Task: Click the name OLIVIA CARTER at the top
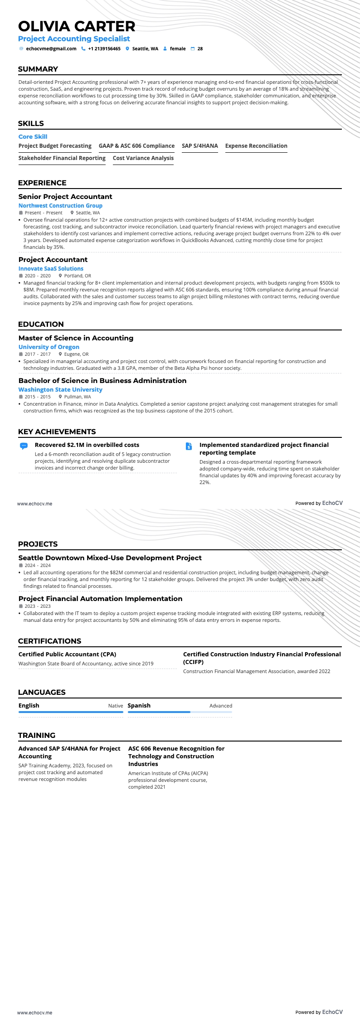tap(77, 26)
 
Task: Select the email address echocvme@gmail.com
tap(51, 48)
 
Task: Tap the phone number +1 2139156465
tap(104, 48)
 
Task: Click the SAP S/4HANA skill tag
tap(199, 146)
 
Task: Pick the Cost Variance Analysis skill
tap(143, 158)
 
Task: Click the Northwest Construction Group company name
tap(60, 206)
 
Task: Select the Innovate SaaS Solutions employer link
tap(51, 269)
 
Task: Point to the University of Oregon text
tap(49, 347)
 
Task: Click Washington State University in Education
tap(60, 390)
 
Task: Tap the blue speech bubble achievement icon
tap(24, 446)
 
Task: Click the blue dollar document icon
tap(189, 446)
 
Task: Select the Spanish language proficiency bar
tap(180, 712)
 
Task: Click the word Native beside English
tap(115, 706)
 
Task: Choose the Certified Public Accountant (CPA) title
tap(67, 654)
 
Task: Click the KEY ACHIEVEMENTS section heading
tap(57, 432)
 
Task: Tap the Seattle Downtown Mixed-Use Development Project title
tap(110, 558)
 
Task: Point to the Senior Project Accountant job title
tap(65, 197)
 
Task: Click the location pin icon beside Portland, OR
tap(60, 276)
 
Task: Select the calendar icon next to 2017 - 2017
tap(20, 354)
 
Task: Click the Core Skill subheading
tap(33, 137)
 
